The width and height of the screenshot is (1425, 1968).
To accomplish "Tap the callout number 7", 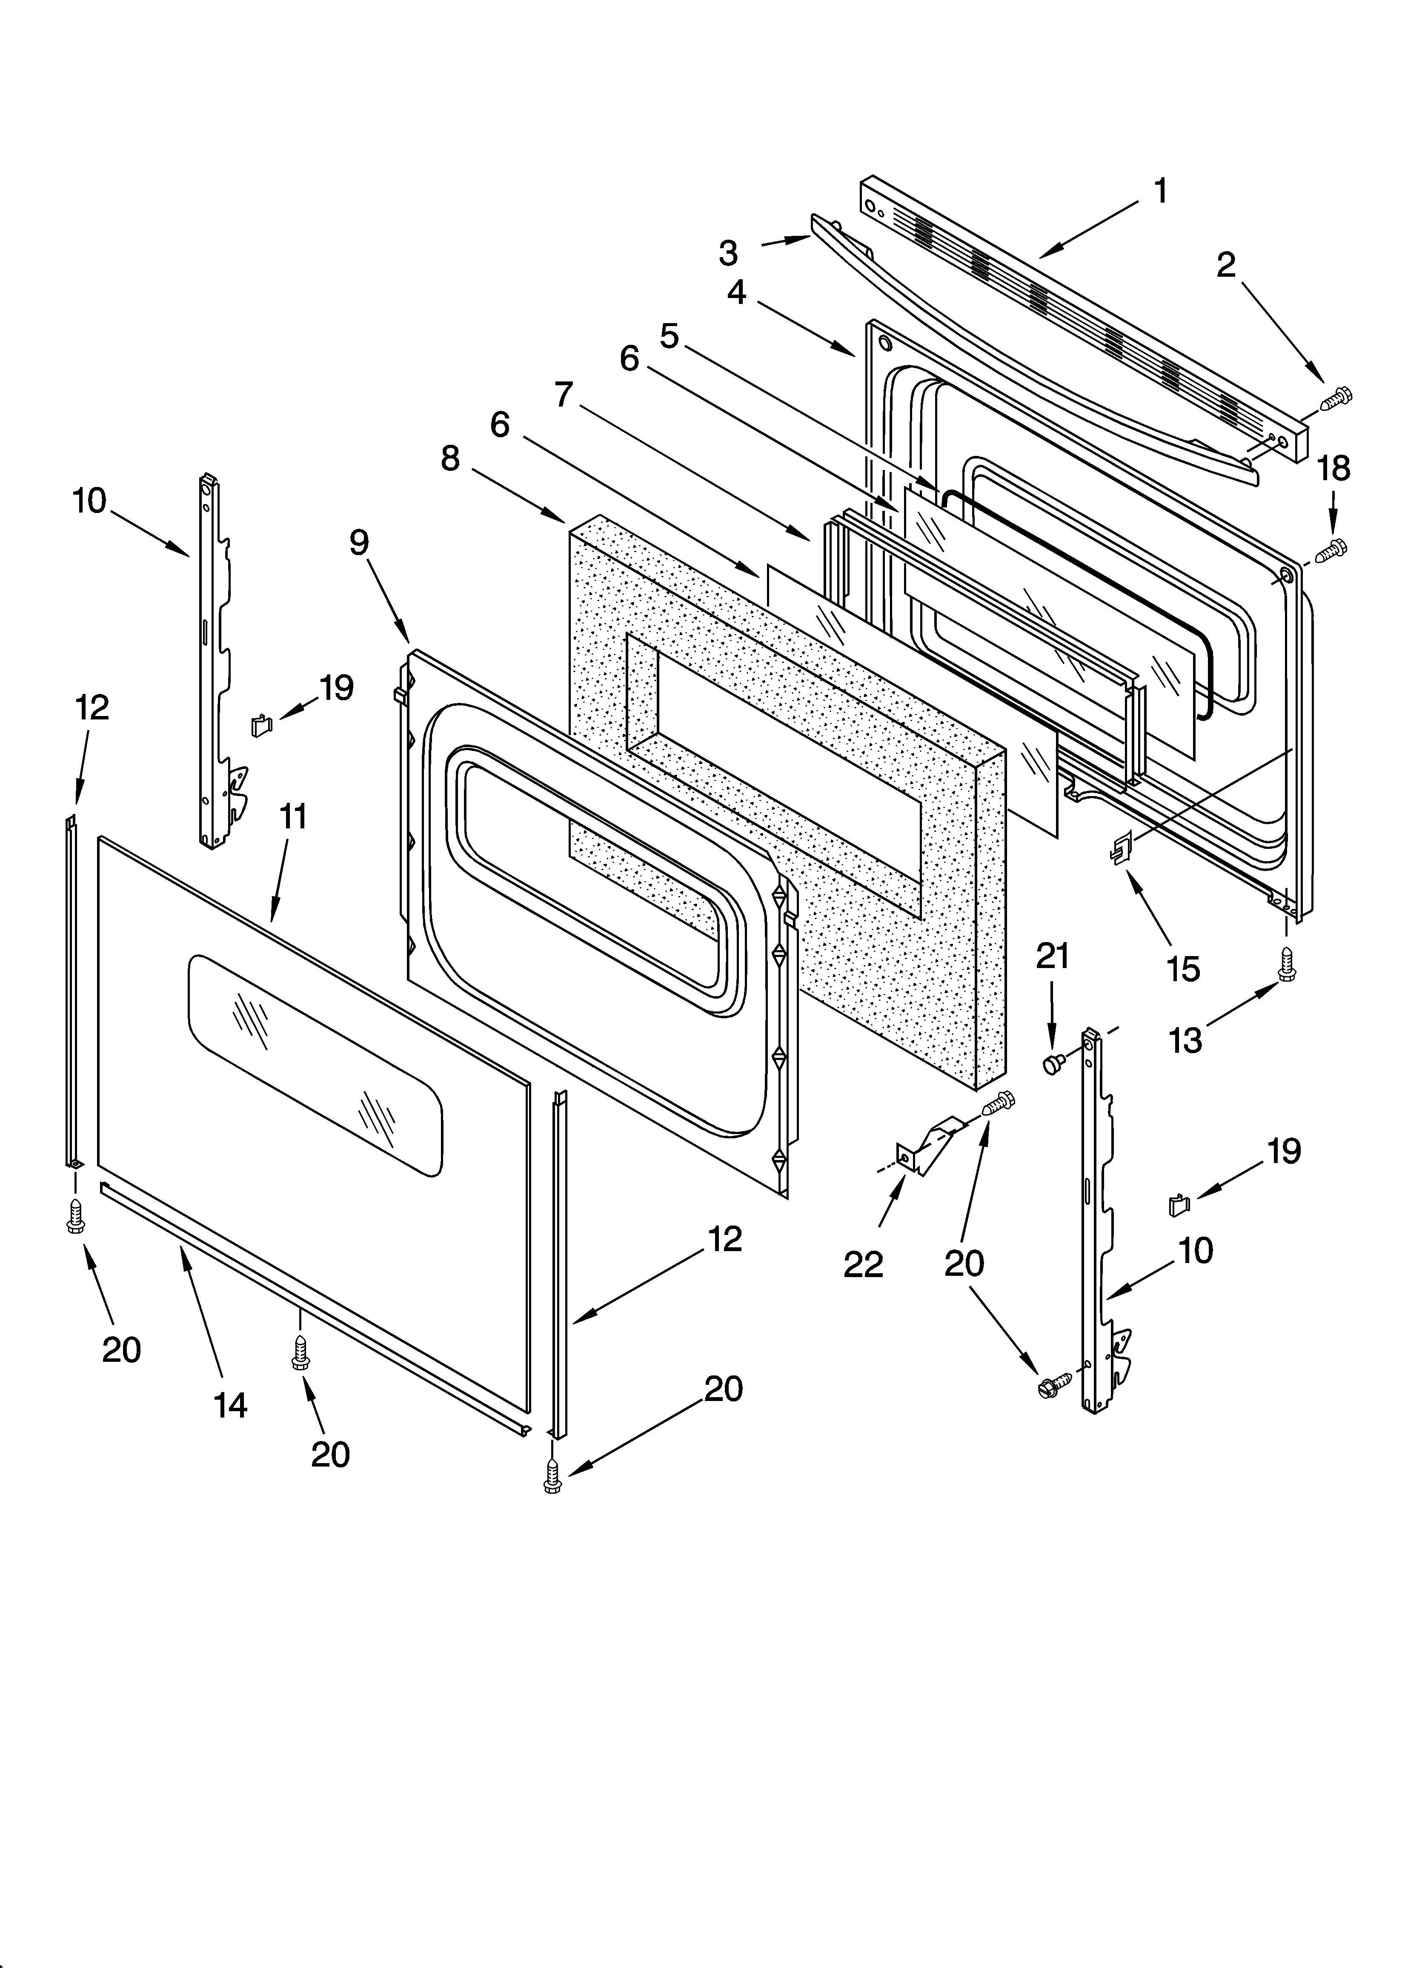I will click(x=564, y=395).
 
